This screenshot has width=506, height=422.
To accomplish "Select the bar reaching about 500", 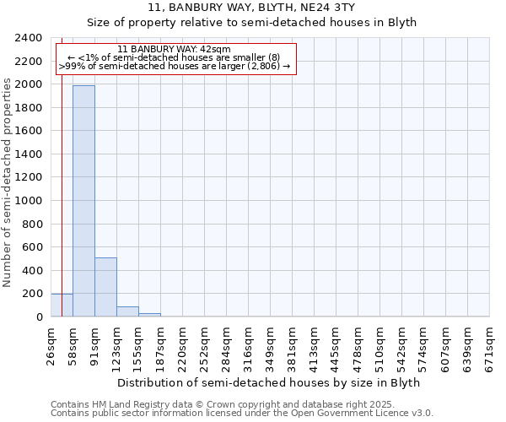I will coord(105,287).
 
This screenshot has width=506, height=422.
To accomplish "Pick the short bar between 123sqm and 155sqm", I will coord(127,311).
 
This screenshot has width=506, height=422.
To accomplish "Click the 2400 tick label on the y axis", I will coord(29,38).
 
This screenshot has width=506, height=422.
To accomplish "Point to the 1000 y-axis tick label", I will coord(29,201).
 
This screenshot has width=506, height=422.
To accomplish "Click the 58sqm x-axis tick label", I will coord(73,347).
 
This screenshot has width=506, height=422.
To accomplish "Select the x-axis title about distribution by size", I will coord(268,382).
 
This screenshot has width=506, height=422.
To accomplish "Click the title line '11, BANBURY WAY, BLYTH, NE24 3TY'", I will coord(253,8).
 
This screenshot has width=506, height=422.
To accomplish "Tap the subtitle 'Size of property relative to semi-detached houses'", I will coord(253,23).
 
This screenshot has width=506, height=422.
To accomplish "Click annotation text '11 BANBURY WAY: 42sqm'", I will coord(175,50).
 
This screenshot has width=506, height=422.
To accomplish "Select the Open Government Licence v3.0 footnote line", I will coord(242,414).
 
